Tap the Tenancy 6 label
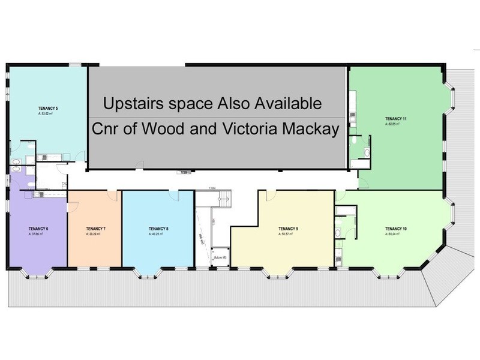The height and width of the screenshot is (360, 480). point(38,229)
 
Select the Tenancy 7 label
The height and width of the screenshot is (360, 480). point(96,229)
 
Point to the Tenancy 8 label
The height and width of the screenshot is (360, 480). point(158,229)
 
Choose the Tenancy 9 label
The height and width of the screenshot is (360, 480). point(289,229)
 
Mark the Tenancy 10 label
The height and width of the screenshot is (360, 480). point(396,229)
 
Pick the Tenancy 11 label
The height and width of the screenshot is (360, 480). point(396,119)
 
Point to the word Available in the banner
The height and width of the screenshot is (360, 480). point(284,103)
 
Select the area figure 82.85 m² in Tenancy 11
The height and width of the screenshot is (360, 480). point(394,125)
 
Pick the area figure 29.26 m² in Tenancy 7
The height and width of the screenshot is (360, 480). point(95,234)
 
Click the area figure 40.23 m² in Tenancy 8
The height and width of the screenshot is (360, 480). point(157,234)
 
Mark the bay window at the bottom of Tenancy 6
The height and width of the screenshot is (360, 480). point(37,274)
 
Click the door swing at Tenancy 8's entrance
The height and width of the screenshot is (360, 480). point(174,195)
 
